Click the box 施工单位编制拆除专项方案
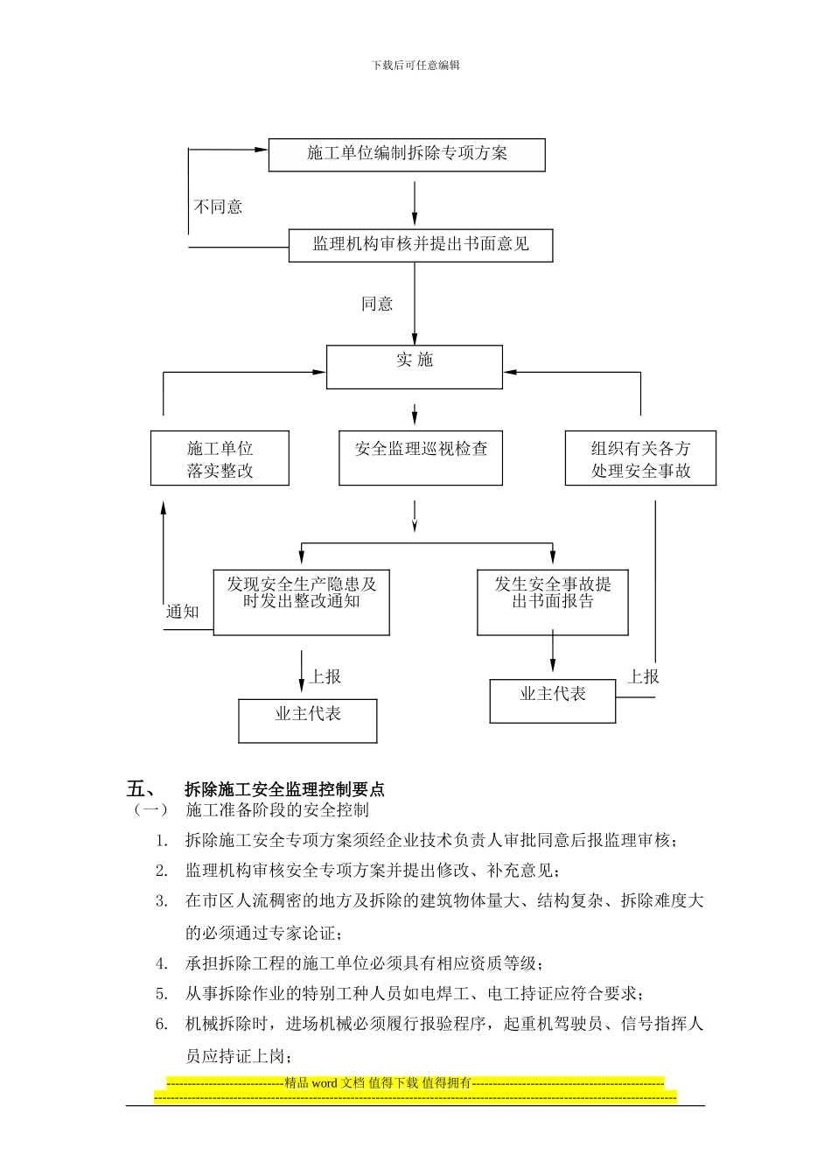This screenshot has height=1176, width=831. coord(407,154)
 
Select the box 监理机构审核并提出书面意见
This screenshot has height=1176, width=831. coord(421,244)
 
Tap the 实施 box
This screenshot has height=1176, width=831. coord(415,367)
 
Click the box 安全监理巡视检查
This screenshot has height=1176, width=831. coord(421,458)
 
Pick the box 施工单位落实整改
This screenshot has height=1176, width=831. coord(220,458)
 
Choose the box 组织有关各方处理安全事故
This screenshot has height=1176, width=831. coord(640,458)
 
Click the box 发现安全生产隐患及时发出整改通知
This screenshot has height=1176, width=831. coord(301,602)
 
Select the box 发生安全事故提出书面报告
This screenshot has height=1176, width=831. coord(553,602)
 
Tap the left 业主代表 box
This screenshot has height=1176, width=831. coord(308,720)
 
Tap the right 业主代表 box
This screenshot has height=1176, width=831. coord(553,700)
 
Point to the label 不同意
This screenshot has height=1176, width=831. coord(218,207)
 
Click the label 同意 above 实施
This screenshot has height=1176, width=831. coord(377,304)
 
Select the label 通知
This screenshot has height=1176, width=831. coord(183,612)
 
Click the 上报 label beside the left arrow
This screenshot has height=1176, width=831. coord(325,676)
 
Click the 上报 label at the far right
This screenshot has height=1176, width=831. coord(644,676)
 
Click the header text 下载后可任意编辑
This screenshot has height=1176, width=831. coord(415,65)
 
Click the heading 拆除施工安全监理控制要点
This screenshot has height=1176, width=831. coord(285,789)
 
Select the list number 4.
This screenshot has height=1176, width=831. coord(162,963)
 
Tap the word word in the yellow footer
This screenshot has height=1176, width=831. coord(324,1082)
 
